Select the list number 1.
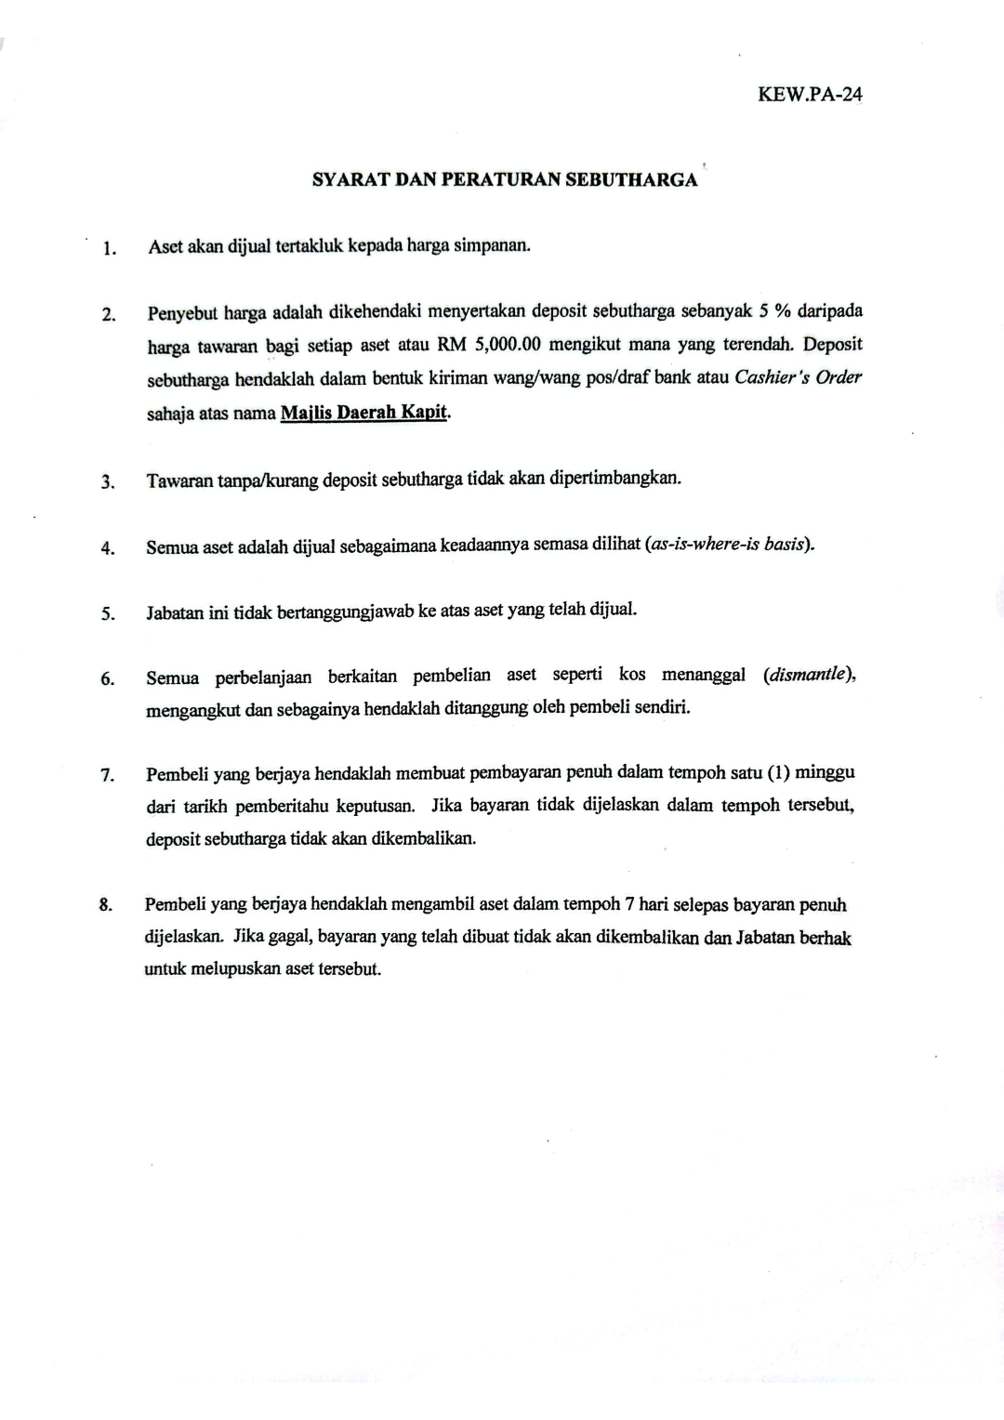(110, 248)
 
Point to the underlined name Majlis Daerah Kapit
(364, 413)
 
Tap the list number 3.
(108, 482)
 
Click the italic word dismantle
(807, 675)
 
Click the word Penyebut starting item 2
(180, 312)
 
